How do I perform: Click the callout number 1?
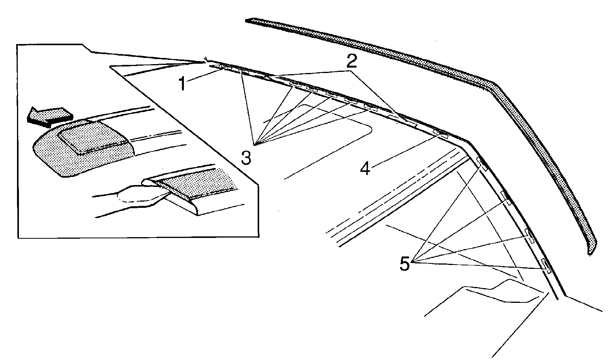point(182,83)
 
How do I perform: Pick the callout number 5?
point(405,263)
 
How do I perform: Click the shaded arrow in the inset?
point(49,117)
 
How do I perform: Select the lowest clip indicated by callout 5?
point(545,265)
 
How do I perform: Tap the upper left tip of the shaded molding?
point(246,20)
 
